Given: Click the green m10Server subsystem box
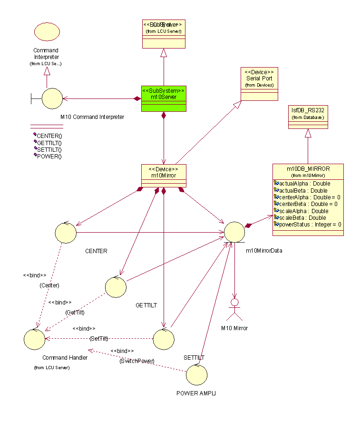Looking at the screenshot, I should pyautogui.click(x=164, y=98).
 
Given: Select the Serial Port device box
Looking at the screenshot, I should pyautogui.click(x=259, y=84).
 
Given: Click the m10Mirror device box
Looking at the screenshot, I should pyautogui.click(x=164, y=176).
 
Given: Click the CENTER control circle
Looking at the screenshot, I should pyautogui.click(x=66, y=233).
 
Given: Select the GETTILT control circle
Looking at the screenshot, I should pyautogui.click(x=116, y=287).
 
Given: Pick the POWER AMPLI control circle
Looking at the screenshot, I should pyautogui.click(x=196, y=374).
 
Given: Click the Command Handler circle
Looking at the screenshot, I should pyautogui.click(x=34, y=339).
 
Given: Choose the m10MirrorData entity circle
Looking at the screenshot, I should pyautogui.click(x=234, y=232).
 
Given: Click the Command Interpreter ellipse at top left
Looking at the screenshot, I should pyautogui.click(x=47, y=32).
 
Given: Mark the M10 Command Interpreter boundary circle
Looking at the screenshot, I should pyautogui.click(x=52, y=98).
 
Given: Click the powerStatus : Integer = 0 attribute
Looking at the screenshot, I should pyautogui.click(x=310, y=225).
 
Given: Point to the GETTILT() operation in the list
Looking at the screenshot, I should pyautogui.click(x=49, y=143).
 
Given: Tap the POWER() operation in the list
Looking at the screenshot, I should pyautogui.click(x=49, y=156).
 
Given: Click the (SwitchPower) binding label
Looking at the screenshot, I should pyautogui.click(x=137, y=361).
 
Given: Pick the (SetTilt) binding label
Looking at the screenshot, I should pyautogui.click(x=99, y=338).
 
